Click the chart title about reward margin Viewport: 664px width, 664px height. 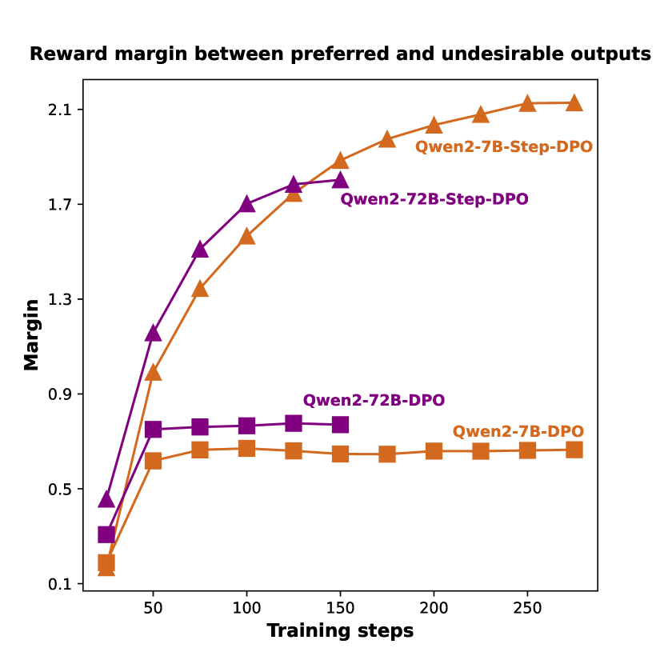340,54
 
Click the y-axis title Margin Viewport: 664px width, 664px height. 31,334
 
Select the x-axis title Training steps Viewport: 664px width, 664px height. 340,631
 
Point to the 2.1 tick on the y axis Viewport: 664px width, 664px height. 60,110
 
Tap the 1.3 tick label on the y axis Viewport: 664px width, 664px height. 60,299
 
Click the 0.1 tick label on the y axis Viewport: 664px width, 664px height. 60,584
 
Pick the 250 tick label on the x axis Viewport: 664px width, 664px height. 527,608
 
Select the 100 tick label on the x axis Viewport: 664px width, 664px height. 246,608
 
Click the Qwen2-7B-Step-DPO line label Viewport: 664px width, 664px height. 503,147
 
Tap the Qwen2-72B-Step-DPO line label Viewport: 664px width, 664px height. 434,199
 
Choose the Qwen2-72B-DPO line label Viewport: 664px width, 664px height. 374,401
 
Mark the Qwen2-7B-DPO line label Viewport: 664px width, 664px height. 518,432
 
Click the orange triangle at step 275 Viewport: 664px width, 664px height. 574,102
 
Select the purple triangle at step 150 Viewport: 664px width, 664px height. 340,180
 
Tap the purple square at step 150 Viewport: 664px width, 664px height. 340,425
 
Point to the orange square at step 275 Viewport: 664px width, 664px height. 574,450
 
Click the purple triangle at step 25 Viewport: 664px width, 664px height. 106,499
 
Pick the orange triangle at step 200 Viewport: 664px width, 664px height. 434,125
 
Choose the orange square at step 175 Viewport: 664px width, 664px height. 387,454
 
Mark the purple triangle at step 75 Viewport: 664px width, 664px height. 200,250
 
